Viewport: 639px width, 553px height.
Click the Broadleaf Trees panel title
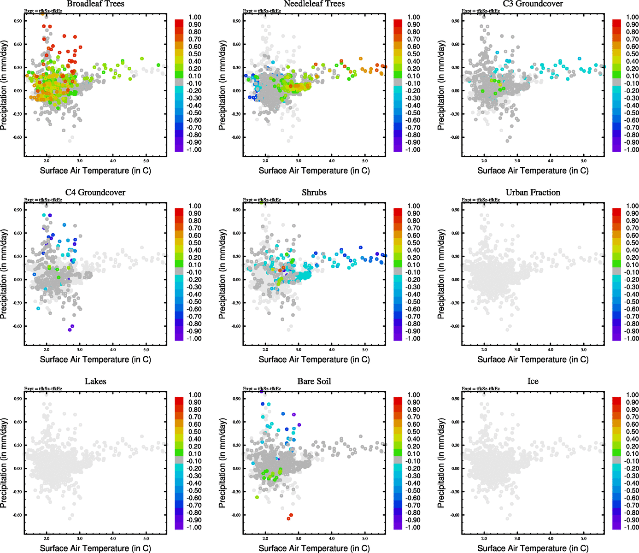pyautogui.click(x=95, y=4)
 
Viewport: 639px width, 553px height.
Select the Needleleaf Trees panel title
pyautogui.click(x=314, y=4)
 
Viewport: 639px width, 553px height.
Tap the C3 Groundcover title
pyautogui.click(x=533, y=4)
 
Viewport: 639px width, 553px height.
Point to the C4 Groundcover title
pyautogui.click(x=95, y=193)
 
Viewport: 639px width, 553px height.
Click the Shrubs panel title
pyautogui.click(x=314, y=193)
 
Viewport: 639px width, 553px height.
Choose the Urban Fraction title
pyautogui.click(x=533, y=193)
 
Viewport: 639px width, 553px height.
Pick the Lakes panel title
pyautogui.click(x=95, y=381)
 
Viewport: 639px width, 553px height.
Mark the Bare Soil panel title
pyautogui.click(x=314, y=381)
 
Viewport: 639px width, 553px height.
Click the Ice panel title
pyautogui.click(x=533, y=381)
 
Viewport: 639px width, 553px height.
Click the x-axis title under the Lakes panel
pyautogui.click(x=95, y=548)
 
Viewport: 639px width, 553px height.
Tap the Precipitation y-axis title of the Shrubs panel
pyautogui.click(x=223, y=275)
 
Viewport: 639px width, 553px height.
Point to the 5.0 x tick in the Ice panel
pyautogui.click(x=584, y=538)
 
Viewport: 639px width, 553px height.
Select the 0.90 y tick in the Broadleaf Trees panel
pyautogui.click(x=18, y=21)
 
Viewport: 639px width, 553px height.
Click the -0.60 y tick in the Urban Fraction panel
pyautogui.click(x=455, y=326)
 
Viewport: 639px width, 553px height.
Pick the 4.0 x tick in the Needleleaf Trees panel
pyautogui.click(x=332, y=161)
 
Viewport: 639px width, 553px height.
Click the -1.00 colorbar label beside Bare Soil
pyautogui.click(x=413, y=527)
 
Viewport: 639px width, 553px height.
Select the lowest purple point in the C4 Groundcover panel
pyautogui.click(x=70, y=330)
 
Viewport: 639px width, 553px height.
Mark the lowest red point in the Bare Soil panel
pyautogui.click(x=288, y=519)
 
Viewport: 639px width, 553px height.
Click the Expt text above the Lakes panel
pyautogui.click(x=43, y=388)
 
